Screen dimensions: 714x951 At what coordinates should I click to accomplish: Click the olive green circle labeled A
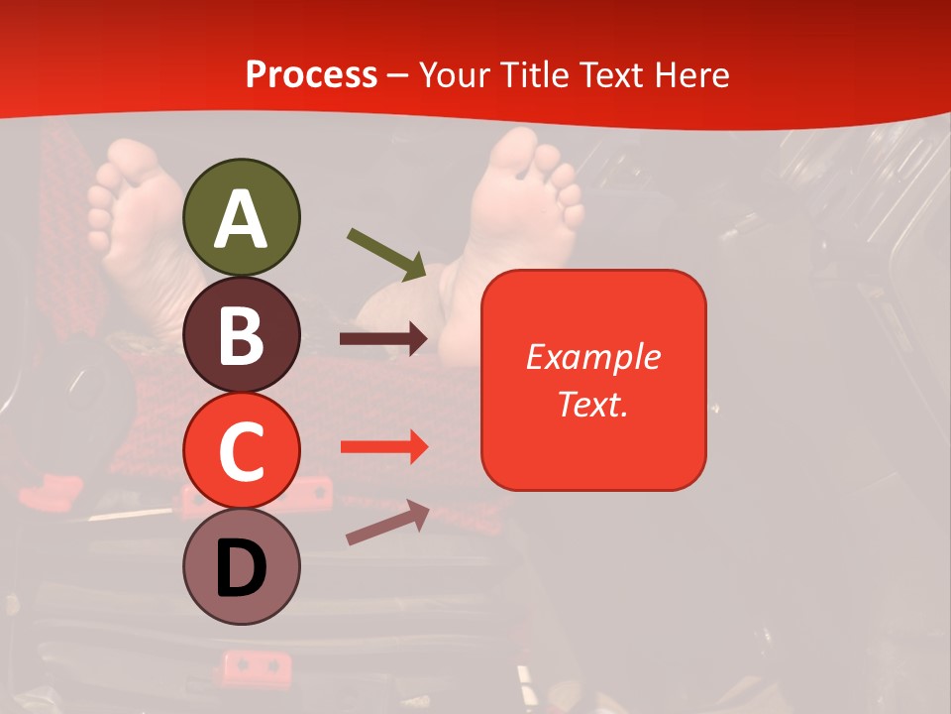click(x=241, y=217)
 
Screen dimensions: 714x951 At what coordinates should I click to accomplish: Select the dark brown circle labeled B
click(x=241, y=334)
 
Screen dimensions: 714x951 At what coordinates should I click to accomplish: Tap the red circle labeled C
click(x=241, y=450)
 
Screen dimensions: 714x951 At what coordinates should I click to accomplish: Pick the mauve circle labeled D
click(x=241, y=567)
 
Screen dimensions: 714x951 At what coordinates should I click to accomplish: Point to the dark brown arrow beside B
click(x=383, y=339)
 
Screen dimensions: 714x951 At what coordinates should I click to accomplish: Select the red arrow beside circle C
click(x=383, y=447)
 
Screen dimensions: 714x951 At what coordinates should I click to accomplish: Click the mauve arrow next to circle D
click(x=387, y=524)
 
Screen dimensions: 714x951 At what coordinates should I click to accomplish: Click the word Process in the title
click(x=311, y=74)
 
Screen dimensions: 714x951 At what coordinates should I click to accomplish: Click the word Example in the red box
click(x=592, y=357)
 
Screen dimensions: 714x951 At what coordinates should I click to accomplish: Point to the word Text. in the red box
click(x=592, y=404)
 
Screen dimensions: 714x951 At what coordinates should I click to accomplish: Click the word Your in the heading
click(x=456, y=74)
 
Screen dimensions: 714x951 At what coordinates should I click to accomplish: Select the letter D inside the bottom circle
click(x=241, y=569)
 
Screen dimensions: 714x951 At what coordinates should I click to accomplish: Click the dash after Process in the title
click(x=398, y=75)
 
